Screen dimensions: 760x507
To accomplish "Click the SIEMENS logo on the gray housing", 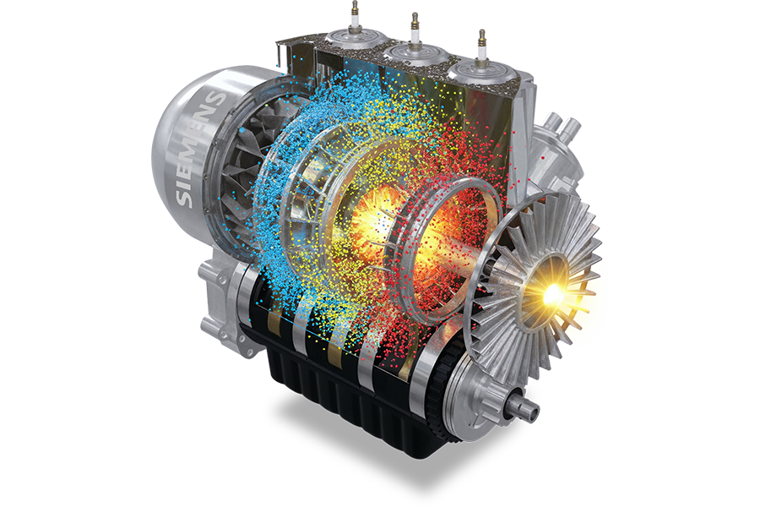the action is pyautogui.click(x=198, y=148).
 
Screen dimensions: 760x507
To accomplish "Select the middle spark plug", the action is pyautogui.click(x=415, y=27).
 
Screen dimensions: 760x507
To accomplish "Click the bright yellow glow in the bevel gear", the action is pyautogui.click(x=553, y=292).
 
